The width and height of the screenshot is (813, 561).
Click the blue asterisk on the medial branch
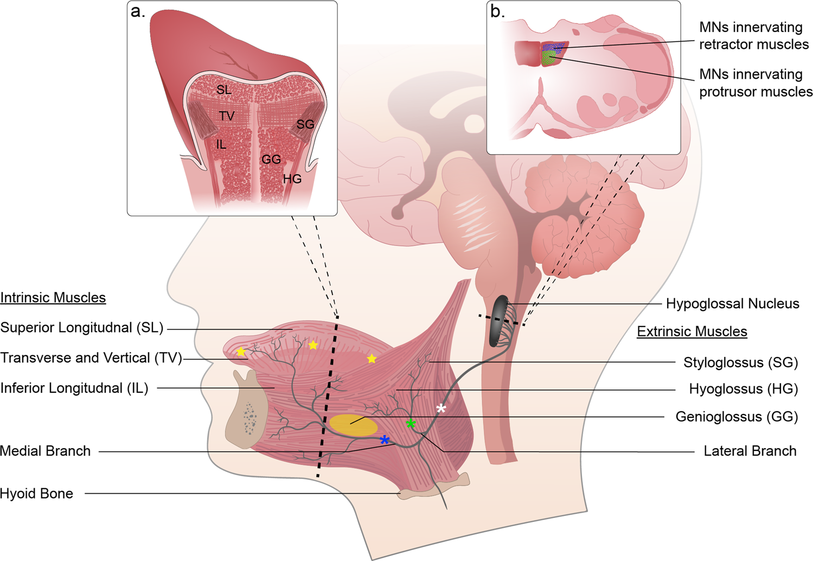coord(385,439)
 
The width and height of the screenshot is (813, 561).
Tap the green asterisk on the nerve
coord(411,423)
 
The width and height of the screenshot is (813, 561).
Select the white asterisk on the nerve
coord(441,408)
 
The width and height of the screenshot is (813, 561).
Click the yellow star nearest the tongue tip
coord(241,352)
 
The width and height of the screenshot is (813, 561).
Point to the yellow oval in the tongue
coord(353,425)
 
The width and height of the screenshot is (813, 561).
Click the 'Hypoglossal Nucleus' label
coord(732,304)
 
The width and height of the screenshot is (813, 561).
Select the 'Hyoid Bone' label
coord(36,494)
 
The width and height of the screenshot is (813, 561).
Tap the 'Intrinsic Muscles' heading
coord(53,298)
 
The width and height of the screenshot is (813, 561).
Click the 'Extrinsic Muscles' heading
coord(692,331)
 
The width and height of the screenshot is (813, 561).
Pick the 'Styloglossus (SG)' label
coord(740,362)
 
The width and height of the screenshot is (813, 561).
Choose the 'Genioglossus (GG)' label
coord(737,417)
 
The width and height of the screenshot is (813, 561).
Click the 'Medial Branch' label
coord(46,451)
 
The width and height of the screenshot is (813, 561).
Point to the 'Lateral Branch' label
coord(750,451)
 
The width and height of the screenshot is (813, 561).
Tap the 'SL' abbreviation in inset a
coord(224,90)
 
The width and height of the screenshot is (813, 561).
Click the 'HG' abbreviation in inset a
coord(292,179)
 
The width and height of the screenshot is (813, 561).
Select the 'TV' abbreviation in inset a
coord(227,116)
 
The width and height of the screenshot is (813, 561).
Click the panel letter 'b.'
coord(497,11)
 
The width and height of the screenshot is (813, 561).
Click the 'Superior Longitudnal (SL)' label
coord(82,328)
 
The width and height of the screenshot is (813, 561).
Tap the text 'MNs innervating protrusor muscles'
coord(756,83)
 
